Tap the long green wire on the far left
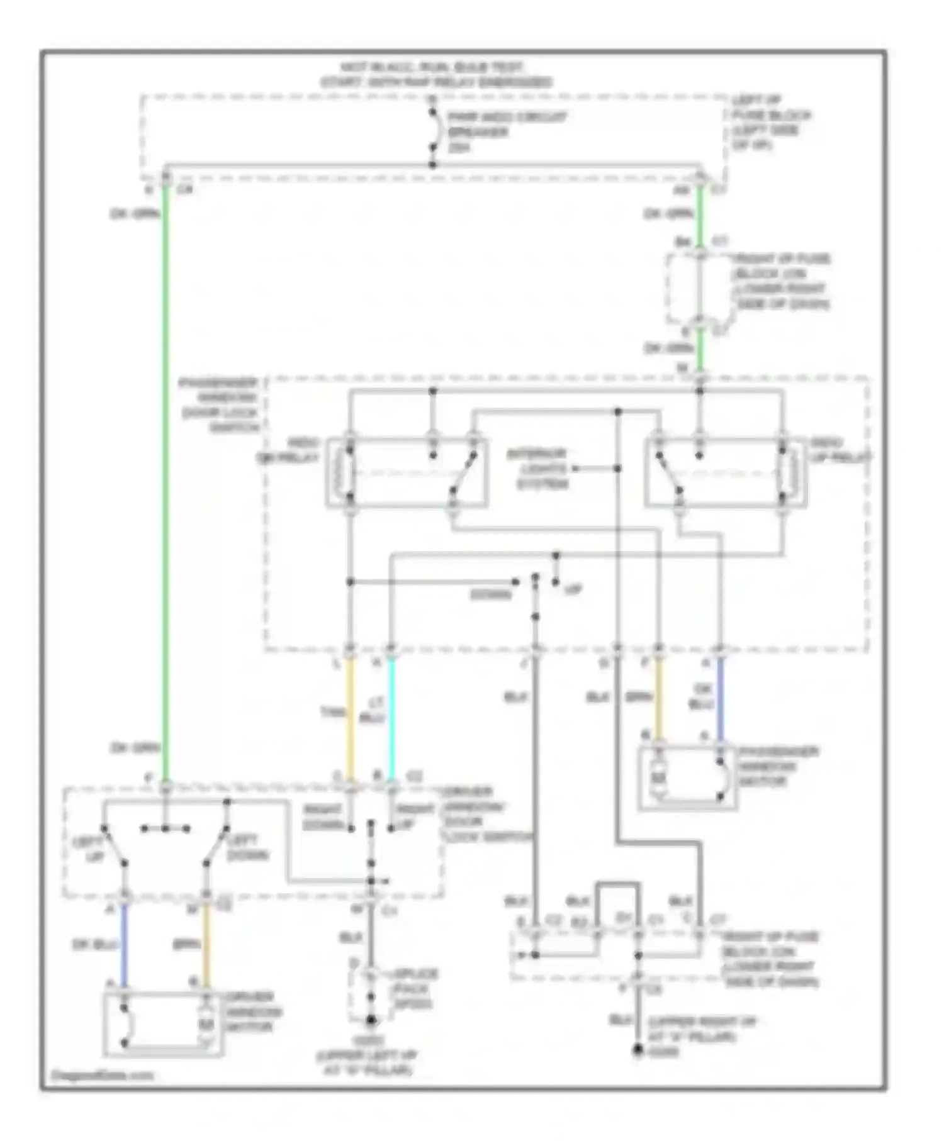pos(166,478)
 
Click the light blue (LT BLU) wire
pos(391,717)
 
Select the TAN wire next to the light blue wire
pos(351,717)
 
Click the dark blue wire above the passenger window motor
pos(720,698)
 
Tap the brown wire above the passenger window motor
pos(658,698)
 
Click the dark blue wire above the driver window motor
pos(125,943)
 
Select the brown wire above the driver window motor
pos(206,943)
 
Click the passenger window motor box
pos(687,777)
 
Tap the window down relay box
pos(407,473)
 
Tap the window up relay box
pos(725,473)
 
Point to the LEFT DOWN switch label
pos(247,847)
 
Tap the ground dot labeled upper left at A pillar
pos(371,1020)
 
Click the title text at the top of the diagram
pos(434,74)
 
